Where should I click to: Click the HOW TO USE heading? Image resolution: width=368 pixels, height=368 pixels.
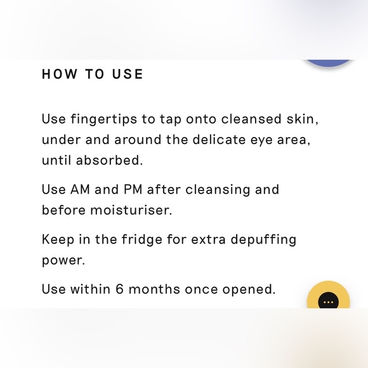click(93, 74)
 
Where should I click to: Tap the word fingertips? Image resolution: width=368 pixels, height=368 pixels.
click(103, 119)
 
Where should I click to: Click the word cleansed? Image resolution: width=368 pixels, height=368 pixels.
click(251, 119)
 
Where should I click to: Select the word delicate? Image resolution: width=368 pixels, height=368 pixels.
click(220, 140)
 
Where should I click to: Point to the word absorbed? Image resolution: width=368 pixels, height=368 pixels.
click(109, 160)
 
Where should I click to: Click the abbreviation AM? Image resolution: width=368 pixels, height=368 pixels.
click(80, 189)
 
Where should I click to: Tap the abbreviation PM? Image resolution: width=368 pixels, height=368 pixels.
click(133, 189)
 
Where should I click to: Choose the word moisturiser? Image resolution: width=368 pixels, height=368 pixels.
click(131, 210)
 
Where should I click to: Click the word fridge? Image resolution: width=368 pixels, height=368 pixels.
click(141, 240)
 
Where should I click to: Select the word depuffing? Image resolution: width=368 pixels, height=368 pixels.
click(263, 240)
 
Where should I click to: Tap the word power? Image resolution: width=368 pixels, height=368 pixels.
click(63, 261)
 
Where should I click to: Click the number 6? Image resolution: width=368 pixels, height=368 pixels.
click(119, 289)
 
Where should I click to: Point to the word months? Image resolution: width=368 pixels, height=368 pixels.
click(154, 289)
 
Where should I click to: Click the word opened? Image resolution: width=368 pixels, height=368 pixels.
click(249, 290)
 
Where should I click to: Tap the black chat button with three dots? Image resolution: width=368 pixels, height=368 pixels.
click(328, 302)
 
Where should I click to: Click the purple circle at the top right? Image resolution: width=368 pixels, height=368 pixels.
click(328, 63)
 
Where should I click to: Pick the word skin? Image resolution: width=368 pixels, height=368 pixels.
click(302, 119)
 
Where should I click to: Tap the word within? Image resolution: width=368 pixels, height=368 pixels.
click(90, 289)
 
